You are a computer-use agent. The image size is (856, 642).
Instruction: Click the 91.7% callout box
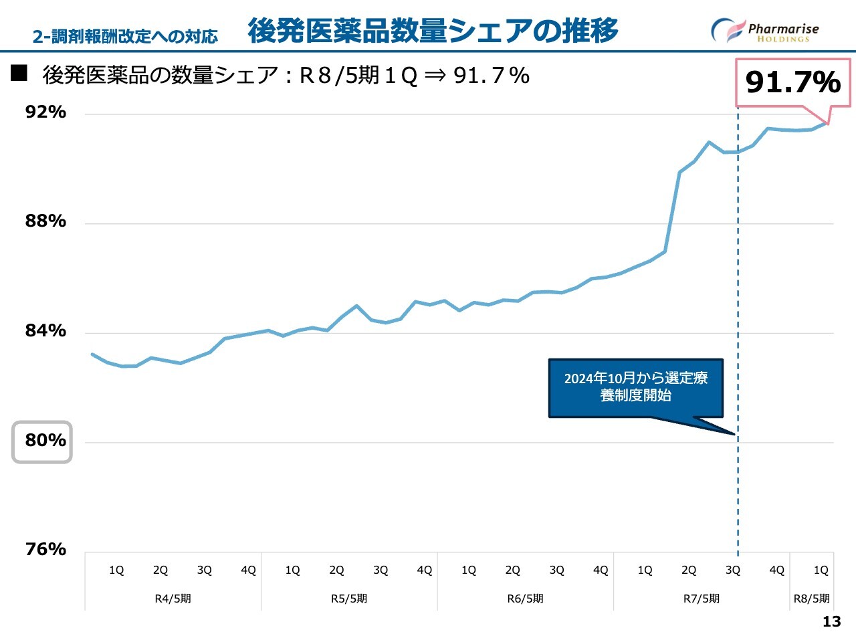coord(793,82)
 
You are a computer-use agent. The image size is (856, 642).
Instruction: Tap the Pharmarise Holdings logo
coord(765,31)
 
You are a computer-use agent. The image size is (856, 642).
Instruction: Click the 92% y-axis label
coord(45,112)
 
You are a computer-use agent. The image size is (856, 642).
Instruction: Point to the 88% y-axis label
coord(45,221)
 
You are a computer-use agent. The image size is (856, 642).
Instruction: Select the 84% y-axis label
coord(45,330)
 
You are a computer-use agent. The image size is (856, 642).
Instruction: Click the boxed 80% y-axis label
coord(42,441)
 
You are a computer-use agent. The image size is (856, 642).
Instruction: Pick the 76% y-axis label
coord(45,549)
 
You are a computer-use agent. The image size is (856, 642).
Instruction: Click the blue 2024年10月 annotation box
coord(635,388)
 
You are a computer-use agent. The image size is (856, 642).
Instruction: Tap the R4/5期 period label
coord(173,599)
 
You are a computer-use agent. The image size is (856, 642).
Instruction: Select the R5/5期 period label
coord(348,599)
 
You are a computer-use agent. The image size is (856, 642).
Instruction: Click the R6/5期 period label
coord(525,599)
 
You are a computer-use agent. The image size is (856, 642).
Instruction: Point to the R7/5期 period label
coord(701,599)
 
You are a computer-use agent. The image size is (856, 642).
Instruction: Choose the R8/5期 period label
coord(811,599)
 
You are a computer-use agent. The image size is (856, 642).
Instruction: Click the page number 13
coord(831,622)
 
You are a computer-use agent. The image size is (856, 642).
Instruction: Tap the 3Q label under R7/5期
coord(732,570)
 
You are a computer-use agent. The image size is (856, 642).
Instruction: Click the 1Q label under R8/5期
coord(821,570)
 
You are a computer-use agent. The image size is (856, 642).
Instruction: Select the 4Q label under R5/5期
coord(424,570)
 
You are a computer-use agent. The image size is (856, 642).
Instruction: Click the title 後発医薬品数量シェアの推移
coord(433,31)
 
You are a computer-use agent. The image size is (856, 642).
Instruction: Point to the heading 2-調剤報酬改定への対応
coord(125,36)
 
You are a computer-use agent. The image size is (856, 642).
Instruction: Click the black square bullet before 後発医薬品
coord(19,73)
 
